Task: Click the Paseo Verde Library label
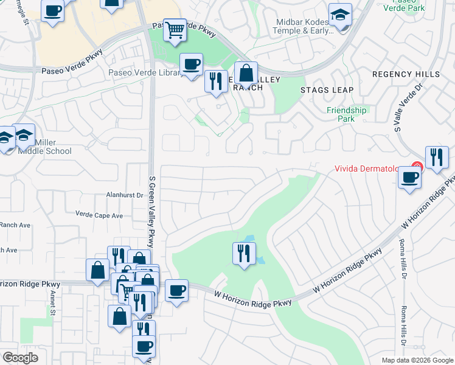point(145,73)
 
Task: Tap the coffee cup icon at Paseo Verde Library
point(192,64)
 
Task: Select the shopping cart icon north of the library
point(175,29)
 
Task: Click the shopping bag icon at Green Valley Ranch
point(246,74)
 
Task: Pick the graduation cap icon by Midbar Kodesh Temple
point(340,16)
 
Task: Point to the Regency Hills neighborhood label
point(406,74)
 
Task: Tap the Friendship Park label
point(347,114)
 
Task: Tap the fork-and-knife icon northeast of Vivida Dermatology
point(436,158)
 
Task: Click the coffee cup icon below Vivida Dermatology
point(409,178)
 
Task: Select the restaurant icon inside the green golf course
point(244,252)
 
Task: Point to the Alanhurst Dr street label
point(123,196)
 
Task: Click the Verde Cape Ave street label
point(99,215)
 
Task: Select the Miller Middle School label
point(54,147)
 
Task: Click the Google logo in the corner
point(20,358)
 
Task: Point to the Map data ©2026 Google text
point(417,360)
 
